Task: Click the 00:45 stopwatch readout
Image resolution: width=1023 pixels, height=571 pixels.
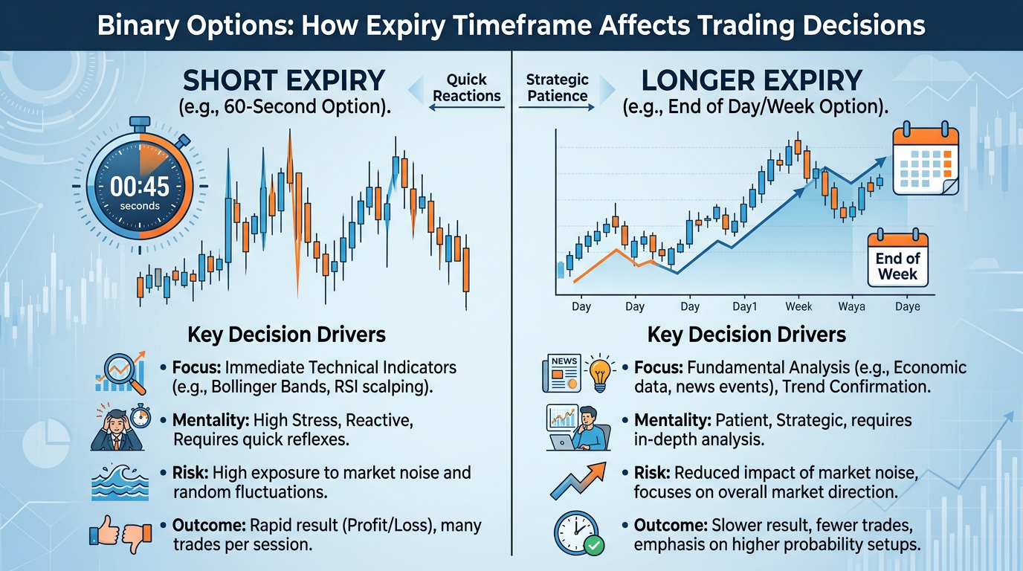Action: (x=140, y=187)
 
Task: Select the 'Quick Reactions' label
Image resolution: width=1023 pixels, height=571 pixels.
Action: (x=467, y=88)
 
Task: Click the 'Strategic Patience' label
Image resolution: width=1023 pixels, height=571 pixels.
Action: (x=557, y=88)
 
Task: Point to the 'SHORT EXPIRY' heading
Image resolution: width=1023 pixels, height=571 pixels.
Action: (x=285, y=80)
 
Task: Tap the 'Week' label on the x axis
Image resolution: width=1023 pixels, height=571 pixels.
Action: (x=798, y=306)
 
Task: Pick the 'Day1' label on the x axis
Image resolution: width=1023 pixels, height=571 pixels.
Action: (x=744, y=306)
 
